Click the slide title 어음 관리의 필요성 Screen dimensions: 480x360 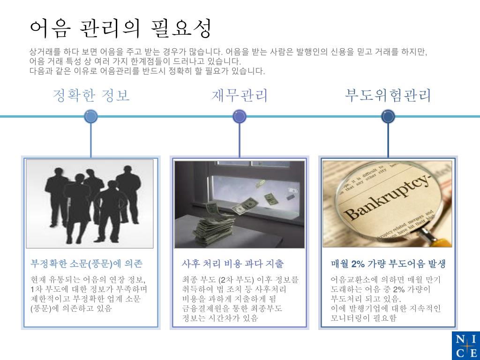tap(120, 29)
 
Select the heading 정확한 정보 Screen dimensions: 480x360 tap(91, 96)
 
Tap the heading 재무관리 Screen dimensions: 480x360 tap(240, 96)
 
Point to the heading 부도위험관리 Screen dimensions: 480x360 tap(388, 96)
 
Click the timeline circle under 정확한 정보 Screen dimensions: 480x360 tap(91, 116)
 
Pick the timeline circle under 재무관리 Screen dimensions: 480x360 tap(240, 116)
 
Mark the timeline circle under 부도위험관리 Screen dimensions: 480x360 tap(388, 116)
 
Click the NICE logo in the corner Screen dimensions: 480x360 tap(465, 345)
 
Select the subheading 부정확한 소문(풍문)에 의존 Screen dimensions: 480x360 tap(86, 263)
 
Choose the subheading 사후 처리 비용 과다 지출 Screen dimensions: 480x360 tap(233, 263)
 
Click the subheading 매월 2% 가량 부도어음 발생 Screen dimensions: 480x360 tap(388, 263)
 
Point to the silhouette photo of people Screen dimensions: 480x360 tap(90, 204)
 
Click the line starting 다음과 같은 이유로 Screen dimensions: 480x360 tap(147, 71)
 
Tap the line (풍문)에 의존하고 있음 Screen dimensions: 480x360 tap(71, 308)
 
